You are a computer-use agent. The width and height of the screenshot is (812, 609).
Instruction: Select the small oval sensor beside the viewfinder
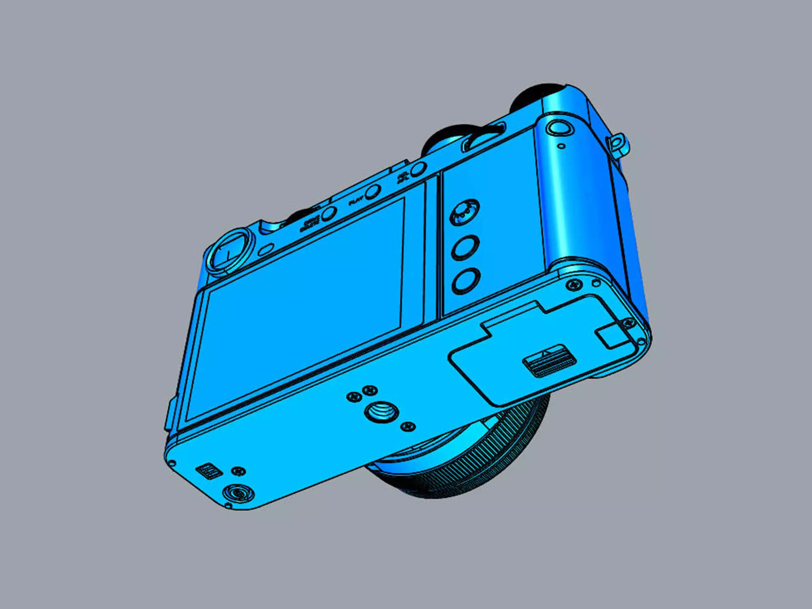pyautogui.click(x=266, y=250)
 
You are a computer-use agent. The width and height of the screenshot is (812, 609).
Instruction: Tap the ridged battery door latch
pyautogui.click(x=549, y=360)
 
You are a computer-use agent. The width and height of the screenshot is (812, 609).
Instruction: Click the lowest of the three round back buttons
pyautogui.click(x=466, y=280)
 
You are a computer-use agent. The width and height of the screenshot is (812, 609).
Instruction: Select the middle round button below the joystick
pyautogui.click(x=465, y=247)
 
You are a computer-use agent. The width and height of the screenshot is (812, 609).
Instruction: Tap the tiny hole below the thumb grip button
pyautogui.click(x=561, y=146)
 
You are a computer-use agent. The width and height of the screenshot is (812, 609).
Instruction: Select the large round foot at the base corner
pyautogui.click(x=238, y=493)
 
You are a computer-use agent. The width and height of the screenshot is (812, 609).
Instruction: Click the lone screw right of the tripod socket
pyautogui.click(x=408, y=426)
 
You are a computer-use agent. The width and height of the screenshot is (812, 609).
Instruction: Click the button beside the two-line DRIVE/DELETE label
pyautogui.click(x=328, y=214)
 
